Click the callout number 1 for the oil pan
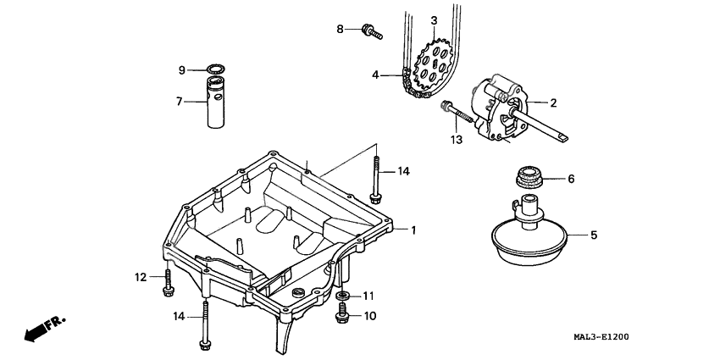click(413, 230)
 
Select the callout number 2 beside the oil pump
click(552, 103)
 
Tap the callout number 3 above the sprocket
click(434, 20)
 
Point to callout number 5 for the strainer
click(593, 235)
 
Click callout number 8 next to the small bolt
click(340, 29)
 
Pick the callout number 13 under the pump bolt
click(457, 140)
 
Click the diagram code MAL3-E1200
click(640, 337)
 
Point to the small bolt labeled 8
click(371, 31)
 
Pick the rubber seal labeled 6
click(529, 180)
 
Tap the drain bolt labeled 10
click(342, 316)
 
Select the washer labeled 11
click(343, 296)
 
